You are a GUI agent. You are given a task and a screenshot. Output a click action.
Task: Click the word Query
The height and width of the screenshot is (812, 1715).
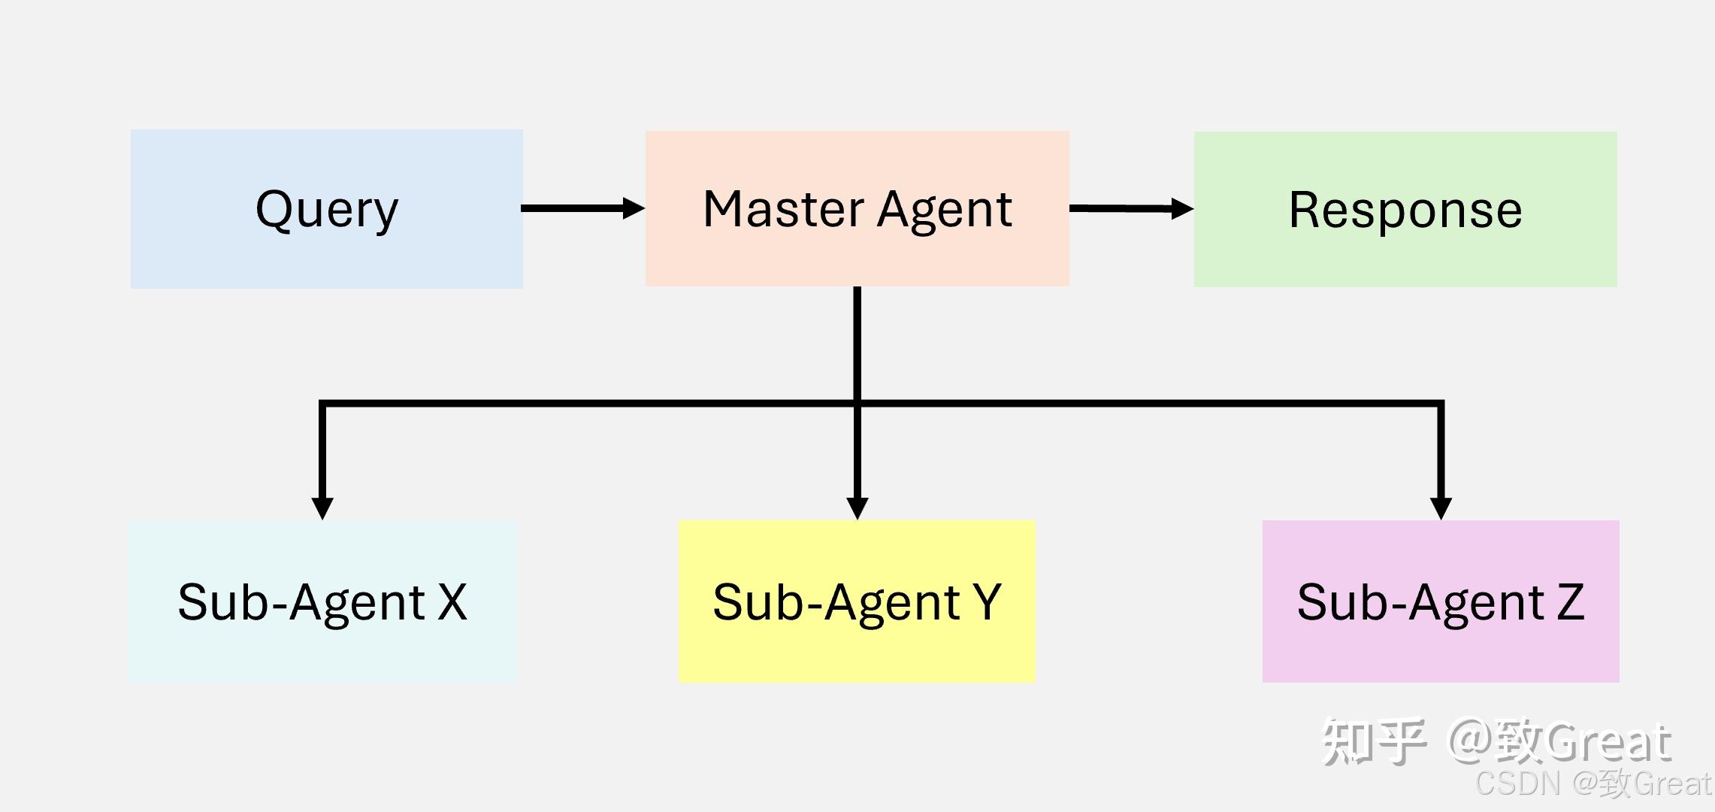coord(327,209)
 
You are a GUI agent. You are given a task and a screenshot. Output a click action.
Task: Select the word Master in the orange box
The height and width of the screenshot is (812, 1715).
coord(782,209)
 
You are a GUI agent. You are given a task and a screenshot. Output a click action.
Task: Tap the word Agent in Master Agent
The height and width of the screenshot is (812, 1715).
coord(945,211)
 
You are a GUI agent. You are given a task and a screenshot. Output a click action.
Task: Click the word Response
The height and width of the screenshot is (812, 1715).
coord(1405,210)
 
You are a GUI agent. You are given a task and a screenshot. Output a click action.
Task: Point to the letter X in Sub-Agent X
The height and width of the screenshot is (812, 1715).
coord(452,602)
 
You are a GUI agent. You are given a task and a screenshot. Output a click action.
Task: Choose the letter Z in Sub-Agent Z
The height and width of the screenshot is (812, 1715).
coord(1570,602)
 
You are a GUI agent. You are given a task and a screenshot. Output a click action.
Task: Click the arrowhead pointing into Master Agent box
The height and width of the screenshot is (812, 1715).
coord(634,208)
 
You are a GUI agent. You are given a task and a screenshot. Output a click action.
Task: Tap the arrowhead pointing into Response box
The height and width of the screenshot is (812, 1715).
coord(1182,209)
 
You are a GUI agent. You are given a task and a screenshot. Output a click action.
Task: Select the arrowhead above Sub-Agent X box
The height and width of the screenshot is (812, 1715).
coord(322,507)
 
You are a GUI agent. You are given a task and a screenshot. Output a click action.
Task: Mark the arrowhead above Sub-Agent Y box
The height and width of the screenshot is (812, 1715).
coord(857,507)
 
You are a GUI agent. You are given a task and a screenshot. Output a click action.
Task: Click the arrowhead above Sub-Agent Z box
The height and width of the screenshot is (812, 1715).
coord(1441,507)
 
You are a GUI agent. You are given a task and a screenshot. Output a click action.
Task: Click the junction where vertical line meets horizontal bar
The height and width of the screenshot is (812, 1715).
coord(857,404)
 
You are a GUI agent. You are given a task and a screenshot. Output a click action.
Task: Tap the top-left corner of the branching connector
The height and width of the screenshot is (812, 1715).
coord(322,404)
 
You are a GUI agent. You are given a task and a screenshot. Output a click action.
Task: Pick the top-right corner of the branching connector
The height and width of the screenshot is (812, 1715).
coord(1441,404)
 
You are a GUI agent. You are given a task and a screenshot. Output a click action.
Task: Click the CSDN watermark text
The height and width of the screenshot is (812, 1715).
coord(1518,783)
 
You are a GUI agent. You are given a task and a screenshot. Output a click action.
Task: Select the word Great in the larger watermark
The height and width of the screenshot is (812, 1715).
coord(1608,743)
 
